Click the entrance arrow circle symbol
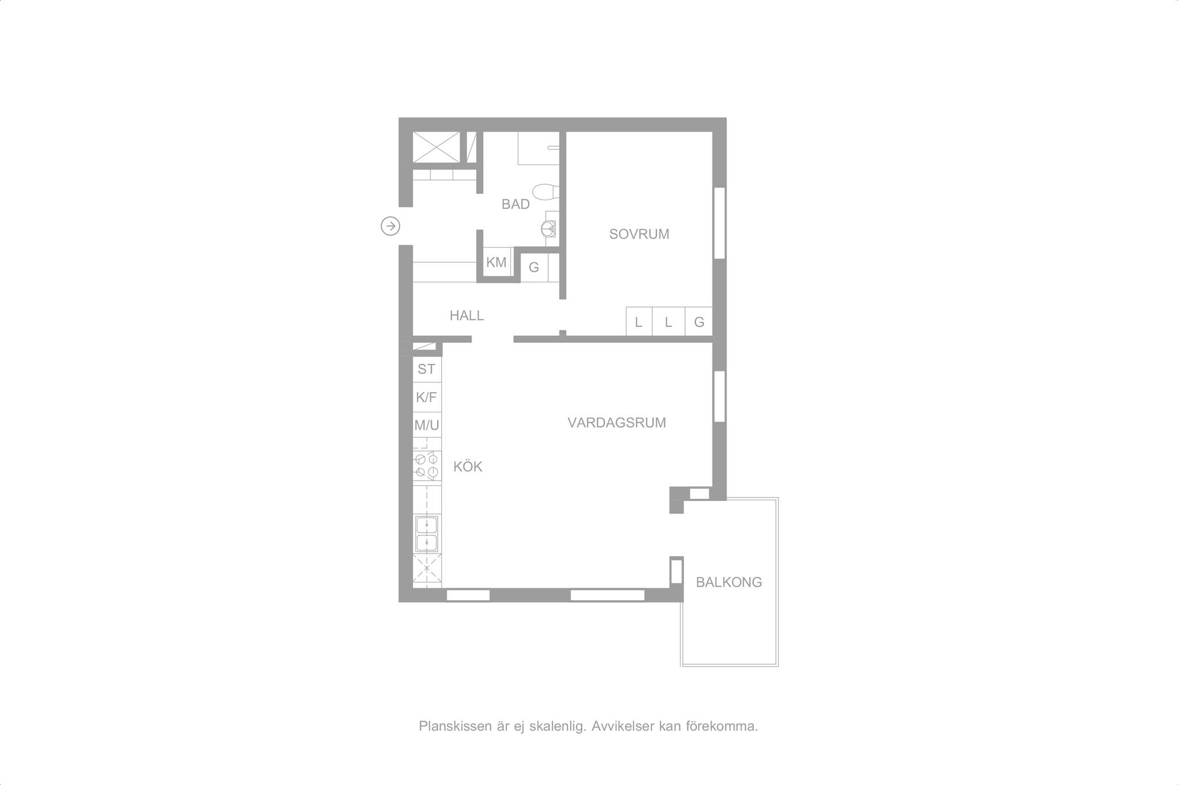click(391, 227)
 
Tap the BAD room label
click(515, 204)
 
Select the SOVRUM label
click(639, 234)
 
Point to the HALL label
click(466, 315)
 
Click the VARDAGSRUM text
click(617, 423)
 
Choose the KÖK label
click(468, 466)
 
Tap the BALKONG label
click(729, 582)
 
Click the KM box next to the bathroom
click(496, 263)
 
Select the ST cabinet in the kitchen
click(427, 369)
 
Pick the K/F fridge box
click(427, 397)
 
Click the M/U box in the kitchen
click(427, 426)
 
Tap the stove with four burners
click(427, 465)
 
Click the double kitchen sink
click(427, 534)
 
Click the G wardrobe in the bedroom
click(699, 321)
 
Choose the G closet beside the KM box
click(534, 267)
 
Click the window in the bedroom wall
click(719, 223)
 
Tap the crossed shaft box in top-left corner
click(437, 148)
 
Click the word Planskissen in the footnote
click(456, 726)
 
